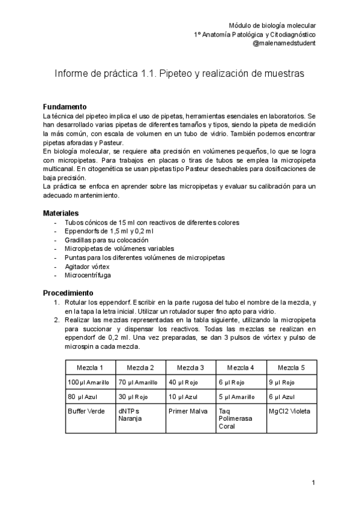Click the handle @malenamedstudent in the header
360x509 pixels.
pos(284,44)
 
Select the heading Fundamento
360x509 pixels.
pos(68,106)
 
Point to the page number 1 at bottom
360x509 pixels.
pos(313,483)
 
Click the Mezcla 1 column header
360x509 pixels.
pos(91,367)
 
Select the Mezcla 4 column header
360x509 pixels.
pos(241,367)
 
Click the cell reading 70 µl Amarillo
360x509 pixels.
pos(138,382)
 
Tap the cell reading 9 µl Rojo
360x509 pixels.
pos(283,382)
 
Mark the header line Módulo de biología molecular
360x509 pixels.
pos(272,25)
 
